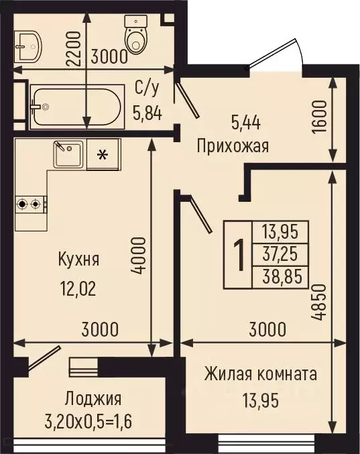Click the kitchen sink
[x=68, y=155]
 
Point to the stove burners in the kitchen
[x=30, y=202]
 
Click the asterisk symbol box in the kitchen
[x=103, y=155]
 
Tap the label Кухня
[x=78, y=259]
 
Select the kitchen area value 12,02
[x=78, y=290]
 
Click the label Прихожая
[x=233, y=146]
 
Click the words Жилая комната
[x=261, y=374]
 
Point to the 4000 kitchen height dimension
[x=138, y=255]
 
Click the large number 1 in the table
[x=237, y=256]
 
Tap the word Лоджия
[x=93, y=400]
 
